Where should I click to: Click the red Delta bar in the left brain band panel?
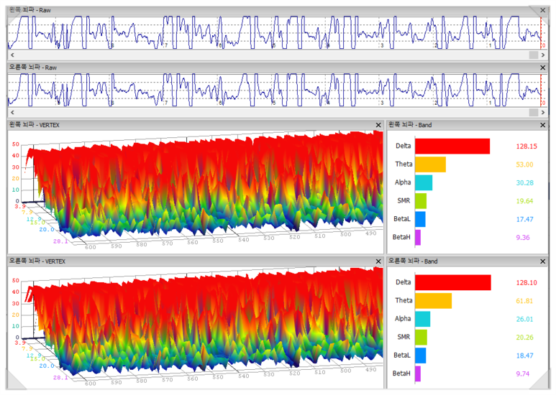pos(452,146)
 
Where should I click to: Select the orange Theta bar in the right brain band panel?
pos(432,300)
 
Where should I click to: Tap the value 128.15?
pos(527,147)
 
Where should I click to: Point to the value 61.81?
pos(525,301)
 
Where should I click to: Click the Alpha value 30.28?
pos(525,183)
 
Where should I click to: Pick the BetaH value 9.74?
pos(525,373)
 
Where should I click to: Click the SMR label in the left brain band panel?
pos(404,201)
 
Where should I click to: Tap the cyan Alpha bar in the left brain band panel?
pos(423,182)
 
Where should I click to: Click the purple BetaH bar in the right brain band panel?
pos(418,373)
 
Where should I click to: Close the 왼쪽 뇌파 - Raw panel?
pos(542,11)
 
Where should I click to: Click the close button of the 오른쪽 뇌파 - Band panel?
pos(542,261)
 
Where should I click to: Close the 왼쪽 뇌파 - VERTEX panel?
pos(379,124)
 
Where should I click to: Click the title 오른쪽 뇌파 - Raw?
pos(32,68)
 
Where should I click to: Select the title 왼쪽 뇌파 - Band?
pos(409,124)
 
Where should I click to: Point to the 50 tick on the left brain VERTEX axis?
pos(14,144)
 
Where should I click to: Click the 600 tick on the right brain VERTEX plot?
pos(90,384)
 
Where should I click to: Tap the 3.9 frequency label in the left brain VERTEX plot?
pos(19,206)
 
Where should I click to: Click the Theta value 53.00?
pos(525,164)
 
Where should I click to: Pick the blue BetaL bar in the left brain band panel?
pos(420,219)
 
